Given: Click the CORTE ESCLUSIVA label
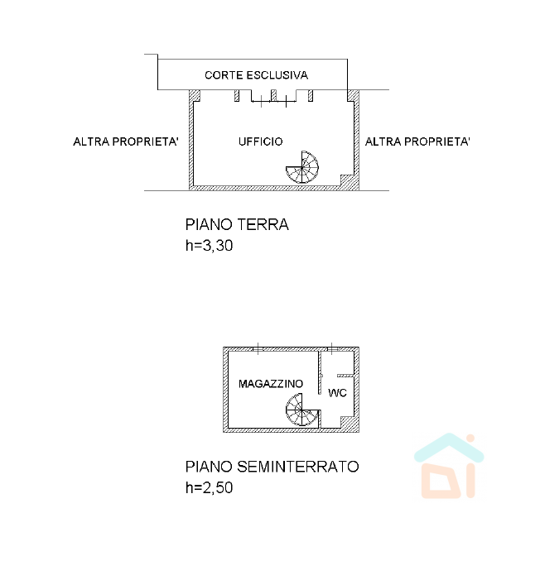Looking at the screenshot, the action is pyautogui.click(x=256, y=75).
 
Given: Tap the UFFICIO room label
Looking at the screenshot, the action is pyautogui.click(x=260, y=141).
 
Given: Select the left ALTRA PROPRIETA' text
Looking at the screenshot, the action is pyautogui.click(x=126, y=141).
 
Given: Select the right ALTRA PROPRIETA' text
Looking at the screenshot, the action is pyautogui.click(x=417, y=141).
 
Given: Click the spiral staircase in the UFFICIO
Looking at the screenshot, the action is pyautogui.click(x=302, y=167).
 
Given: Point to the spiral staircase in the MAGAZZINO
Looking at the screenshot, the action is pyautogui.click(x=302, y=410).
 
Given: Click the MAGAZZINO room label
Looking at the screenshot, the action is pyautogui.click(x=271, y=384).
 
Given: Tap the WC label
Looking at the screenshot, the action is pyautogui.click(x=337, y=393).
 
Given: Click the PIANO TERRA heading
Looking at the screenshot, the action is pyautogui.click(x=237, y=225).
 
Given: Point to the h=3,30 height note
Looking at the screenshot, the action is pyautogui.click(x=209, y=246).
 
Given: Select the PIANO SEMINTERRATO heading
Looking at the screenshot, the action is pyautogui.click(x=272, y=467).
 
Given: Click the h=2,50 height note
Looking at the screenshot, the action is pyautogui.click(x=209, y=487).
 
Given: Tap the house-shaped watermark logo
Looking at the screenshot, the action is pyautogui.click(x=449, y=466).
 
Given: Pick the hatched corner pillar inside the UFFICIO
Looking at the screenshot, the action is pyautogui.click(x=347, y=180).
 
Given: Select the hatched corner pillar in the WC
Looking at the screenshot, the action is pyautogui.click(x=347, y=422).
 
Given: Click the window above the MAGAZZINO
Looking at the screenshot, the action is pyautogui.click(x=258, y=349).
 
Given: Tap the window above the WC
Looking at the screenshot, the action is pyautogui.click(x=332, y=349).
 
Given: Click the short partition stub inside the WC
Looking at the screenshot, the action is pyautogui.click(x=345, y=376).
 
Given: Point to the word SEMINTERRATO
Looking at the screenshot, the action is pyautogui.click(x=298, y=467).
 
